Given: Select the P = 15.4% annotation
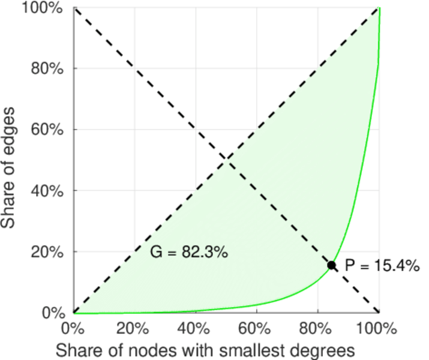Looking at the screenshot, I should point(382,266).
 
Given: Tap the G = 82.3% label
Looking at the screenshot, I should point(188,253).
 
